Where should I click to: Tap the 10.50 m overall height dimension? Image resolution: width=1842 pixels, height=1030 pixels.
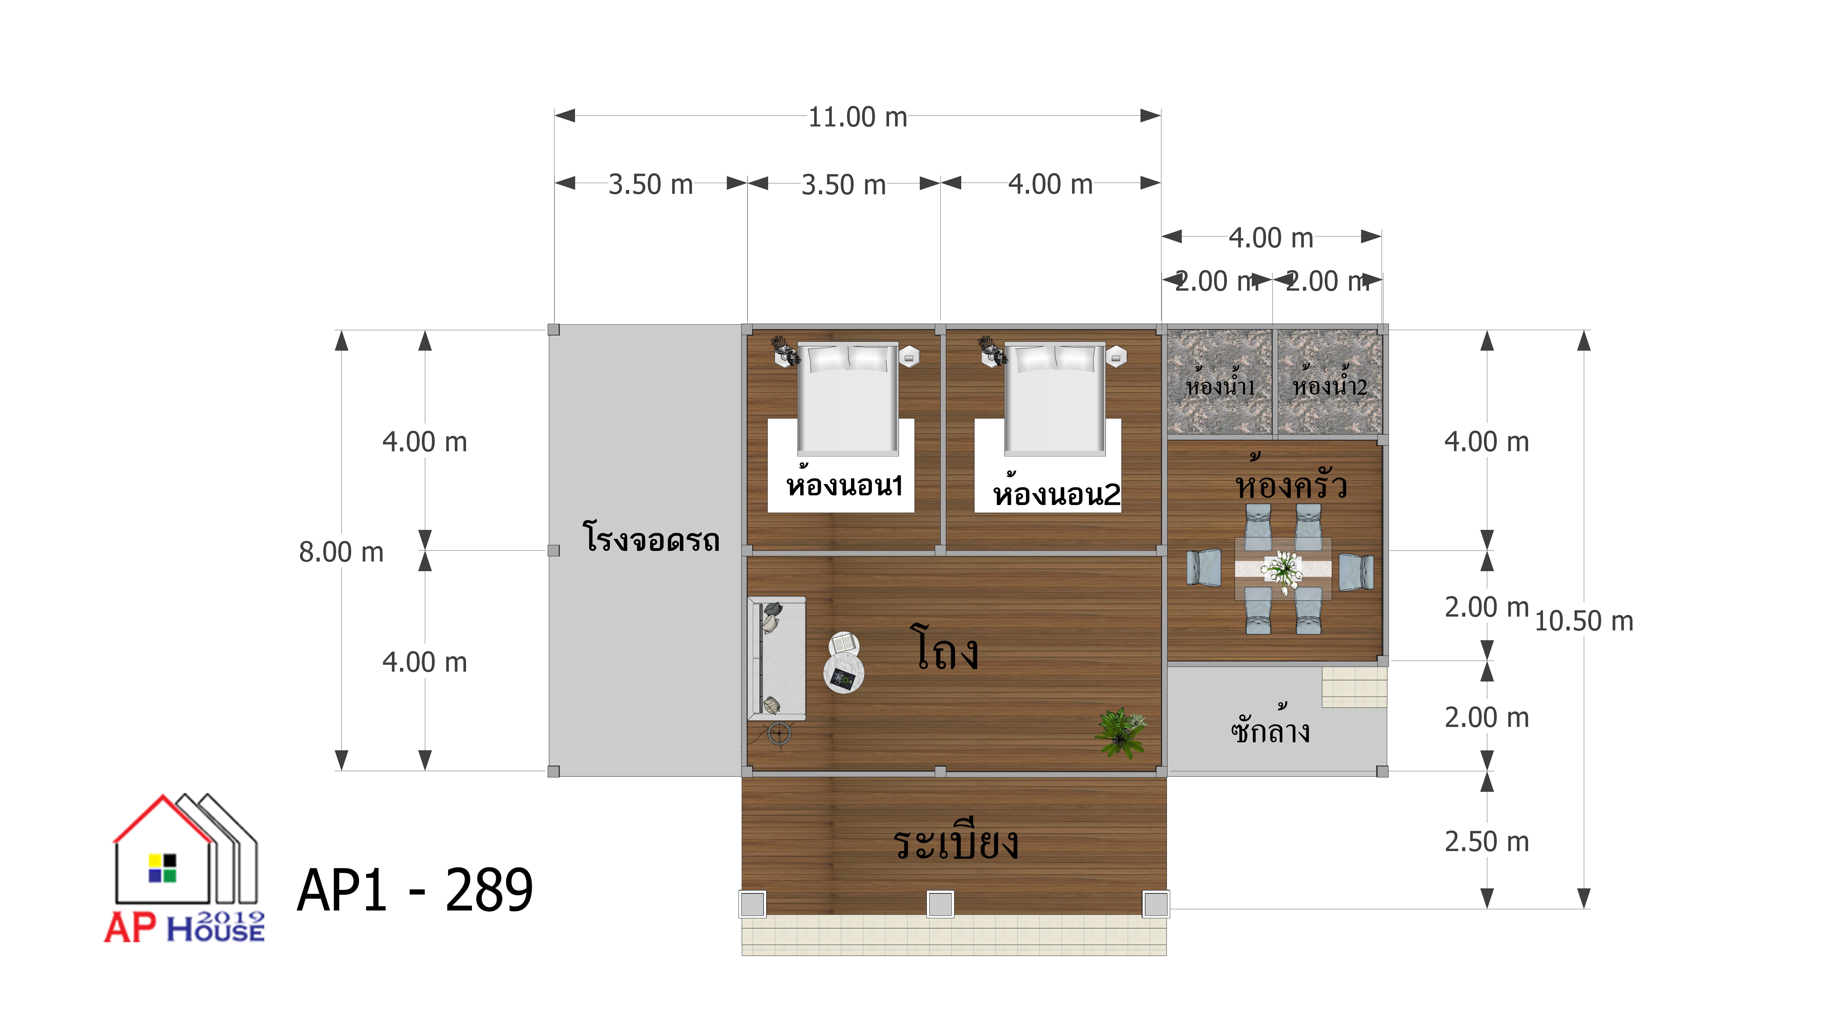pos(1584,621)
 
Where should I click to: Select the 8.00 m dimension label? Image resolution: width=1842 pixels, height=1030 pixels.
pos(341,552)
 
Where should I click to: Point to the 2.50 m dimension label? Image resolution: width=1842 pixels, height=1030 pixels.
pos(1486,841)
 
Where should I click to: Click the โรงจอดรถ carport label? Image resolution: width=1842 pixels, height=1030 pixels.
pos(651,537)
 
